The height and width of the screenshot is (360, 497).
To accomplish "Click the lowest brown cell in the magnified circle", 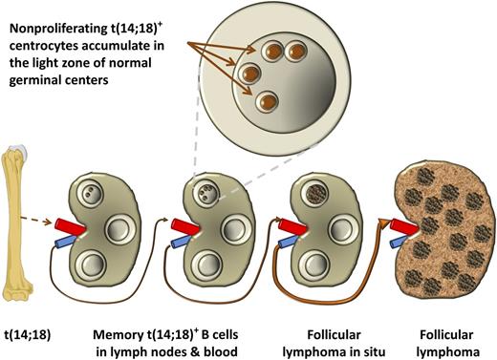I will (x=267, y=100).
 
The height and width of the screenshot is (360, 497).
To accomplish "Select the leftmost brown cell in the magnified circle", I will (x=250, y=72).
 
